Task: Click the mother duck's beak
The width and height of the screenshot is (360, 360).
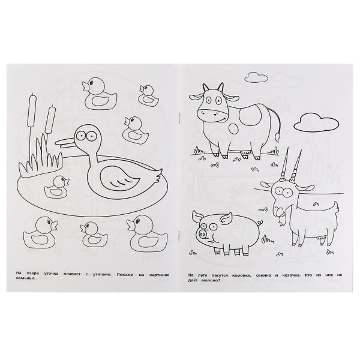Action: (66, 143)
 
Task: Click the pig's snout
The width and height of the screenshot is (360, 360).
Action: (203, 235)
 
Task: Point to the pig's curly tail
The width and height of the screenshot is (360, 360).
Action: (260, 222)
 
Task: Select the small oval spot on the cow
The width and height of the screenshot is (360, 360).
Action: (235, 130)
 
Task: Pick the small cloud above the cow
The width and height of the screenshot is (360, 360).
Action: (256, 77)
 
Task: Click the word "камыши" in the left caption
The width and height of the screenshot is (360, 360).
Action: (26, 278)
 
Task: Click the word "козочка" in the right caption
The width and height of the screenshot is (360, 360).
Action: (290, 275)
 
